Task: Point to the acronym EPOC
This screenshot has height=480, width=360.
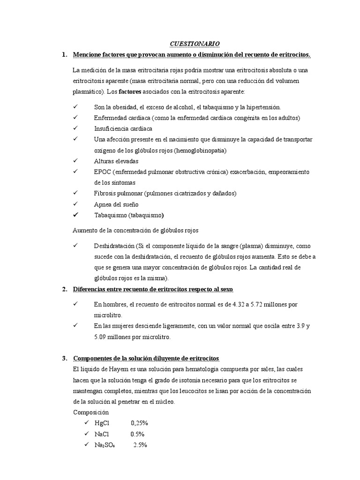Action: coord(102,172)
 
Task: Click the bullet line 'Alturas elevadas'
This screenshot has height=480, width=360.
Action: coord(116,161)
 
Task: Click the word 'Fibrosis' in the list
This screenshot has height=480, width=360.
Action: coord(105,193)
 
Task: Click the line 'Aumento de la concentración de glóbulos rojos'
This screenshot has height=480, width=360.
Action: coord(136,230)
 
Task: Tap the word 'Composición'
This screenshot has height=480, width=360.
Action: coord(91,412)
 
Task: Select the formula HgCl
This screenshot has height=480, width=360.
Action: coord(102,423)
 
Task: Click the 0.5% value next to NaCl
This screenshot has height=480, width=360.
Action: coord(137,434)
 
